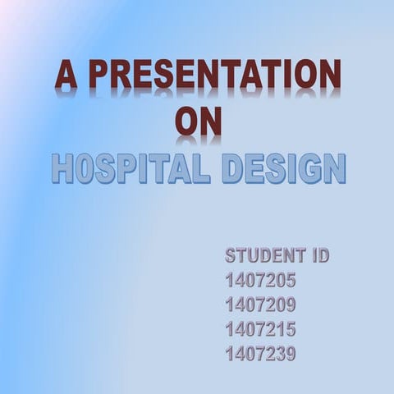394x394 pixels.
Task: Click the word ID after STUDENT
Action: pos(317,255)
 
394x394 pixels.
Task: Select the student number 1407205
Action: pos(260,281)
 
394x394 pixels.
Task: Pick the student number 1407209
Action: pos(260,305)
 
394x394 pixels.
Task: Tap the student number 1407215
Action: pos(260,330)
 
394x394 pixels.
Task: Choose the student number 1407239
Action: pos(260,355)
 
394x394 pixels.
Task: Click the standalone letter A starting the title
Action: pos(67,76)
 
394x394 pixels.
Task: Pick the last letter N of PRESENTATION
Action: pos(329,76)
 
